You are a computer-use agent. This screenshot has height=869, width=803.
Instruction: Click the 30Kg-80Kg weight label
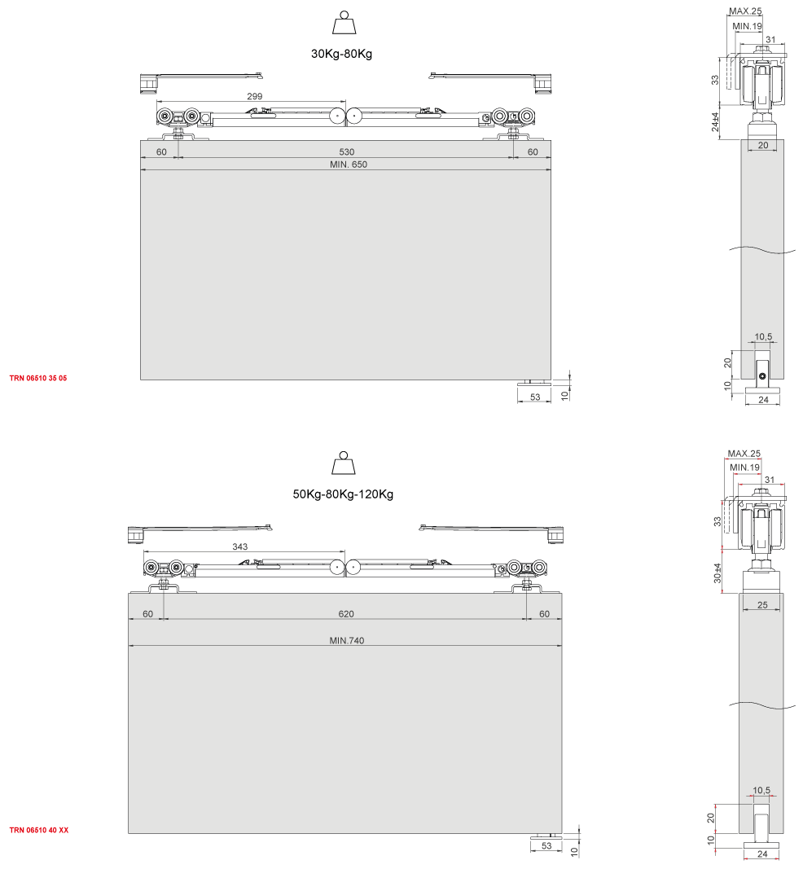[341, 54]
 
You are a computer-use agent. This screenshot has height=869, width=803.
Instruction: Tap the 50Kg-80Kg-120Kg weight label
[343, 494]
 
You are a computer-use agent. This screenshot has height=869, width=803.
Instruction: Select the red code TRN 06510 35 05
[38, 378]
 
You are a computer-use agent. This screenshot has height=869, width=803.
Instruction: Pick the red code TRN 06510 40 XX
[39, 830]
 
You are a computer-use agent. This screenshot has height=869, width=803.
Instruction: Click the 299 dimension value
[254, 96]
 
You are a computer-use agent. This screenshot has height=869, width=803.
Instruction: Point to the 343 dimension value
[240, 546]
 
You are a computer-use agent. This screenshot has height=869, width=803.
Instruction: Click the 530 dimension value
[347, 151]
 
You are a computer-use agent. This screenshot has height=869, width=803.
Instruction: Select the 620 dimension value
[346, 613]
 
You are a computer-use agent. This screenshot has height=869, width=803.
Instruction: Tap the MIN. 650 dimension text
[348, 164]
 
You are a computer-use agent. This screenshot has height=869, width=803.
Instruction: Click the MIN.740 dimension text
[347, 640]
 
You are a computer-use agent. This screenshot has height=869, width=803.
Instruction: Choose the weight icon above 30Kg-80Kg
[344, 23]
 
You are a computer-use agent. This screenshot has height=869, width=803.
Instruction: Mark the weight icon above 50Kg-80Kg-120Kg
[344, 463]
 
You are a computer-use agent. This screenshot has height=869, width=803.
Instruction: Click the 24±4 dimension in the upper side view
[715, 122]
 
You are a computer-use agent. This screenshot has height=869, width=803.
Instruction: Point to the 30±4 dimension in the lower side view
[717, 573]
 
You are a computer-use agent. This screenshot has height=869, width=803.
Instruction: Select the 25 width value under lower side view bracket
[762, 604]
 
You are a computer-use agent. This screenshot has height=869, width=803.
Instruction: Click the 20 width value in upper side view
[763, 145]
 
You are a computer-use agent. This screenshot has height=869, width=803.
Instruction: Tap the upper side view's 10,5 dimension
[763, 336]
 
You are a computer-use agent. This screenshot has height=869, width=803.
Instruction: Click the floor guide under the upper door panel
[534, 382]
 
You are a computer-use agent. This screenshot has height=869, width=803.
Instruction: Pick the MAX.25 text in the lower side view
[744, 454]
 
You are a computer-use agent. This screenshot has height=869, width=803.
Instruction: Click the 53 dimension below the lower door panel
[546, 845]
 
